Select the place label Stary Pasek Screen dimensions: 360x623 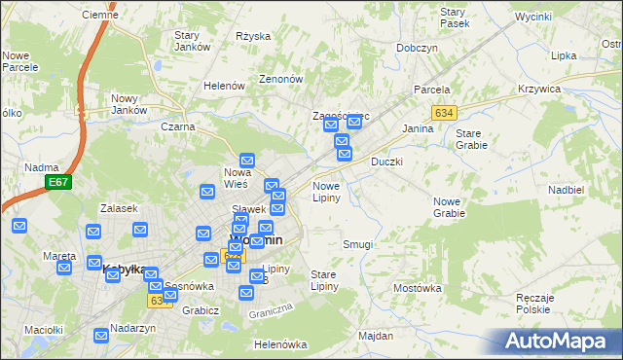tap(455, 17)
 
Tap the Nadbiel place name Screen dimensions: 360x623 tap(566, 190)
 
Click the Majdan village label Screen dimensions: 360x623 tap(376, 336)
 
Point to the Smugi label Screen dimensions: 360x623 tap(357, 244)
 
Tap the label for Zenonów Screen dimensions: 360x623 tap(280, 79)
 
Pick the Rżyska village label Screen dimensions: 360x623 tap(253, 36)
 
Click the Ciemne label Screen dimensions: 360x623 tap(100, 15)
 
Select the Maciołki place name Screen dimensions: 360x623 tap(43, 330)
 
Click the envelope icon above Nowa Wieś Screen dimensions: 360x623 tap(247, 161)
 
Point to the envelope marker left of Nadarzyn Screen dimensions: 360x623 tap(102, 336)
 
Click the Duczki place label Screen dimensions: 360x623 tap(386, 162)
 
